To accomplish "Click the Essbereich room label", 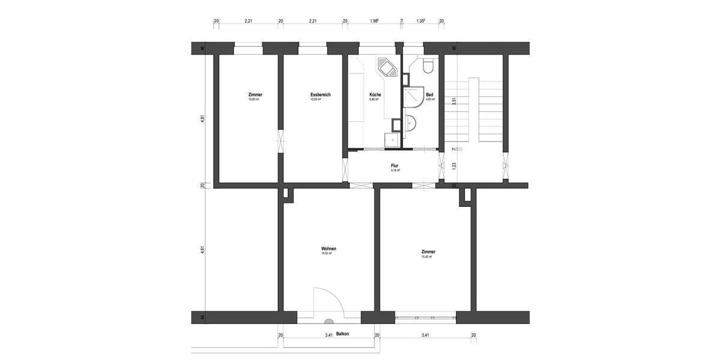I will pos(321,95).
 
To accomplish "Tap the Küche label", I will pos(375,95).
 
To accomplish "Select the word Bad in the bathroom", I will pos(430,95).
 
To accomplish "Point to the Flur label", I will pos(395,166).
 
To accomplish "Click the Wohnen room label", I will pos(328,248).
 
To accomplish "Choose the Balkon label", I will pos(343,334).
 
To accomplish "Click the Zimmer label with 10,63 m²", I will pos(255,95).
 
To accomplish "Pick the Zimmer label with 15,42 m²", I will pos(428,252).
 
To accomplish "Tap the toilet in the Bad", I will pos(427,66).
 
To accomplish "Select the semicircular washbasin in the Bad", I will pos(411,124).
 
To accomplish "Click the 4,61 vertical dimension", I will pos(203,248).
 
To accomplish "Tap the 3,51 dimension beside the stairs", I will pos(454,102).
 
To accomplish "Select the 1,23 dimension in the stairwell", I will pos(454,166).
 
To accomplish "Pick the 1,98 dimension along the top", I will pos(374,21).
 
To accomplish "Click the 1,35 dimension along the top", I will pos(421,21).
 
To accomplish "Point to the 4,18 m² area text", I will pos(395,170).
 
